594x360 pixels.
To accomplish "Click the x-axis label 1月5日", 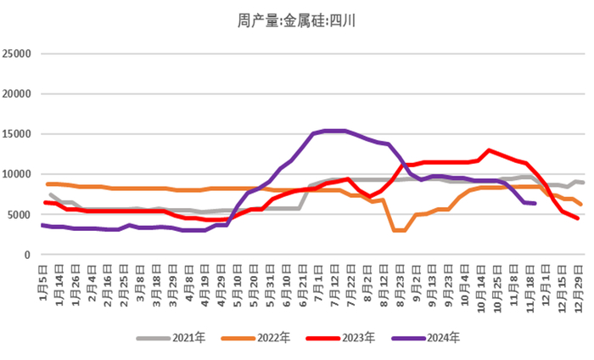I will [x=43, y=278].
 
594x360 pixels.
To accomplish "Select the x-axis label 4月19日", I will [x=204, y=280].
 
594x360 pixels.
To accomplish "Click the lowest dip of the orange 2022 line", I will [x=400, y=230].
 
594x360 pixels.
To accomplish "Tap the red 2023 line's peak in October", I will [x=489, y=150].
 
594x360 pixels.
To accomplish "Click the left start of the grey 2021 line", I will [x=51, y=194].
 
